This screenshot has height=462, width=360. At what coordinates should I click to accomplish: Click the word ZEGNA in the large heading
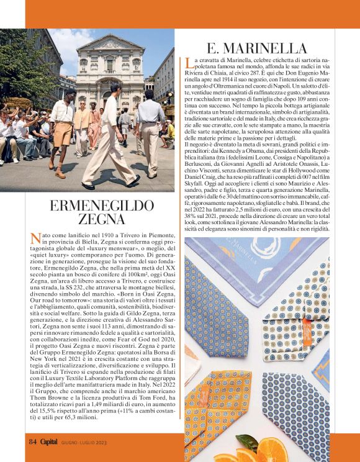[102, 219]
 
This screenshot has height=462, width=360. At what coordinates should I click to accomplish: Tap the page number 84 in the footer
[32, 442]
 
